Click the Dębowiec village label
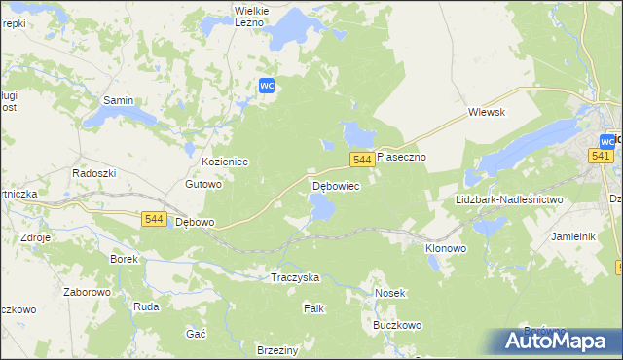336,185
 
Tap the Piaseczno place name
401,156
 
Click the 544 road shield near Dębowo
152,219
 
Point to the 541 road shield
601,156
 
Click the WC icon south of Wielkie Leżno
269,86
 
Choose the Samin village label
119,100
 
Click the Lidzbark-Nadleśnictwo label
509,199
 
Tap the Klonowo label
446,248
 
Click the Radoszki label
94,172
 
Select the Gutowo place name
204,183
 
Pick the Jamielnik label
572,236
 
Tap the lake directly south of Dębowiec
321,206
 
